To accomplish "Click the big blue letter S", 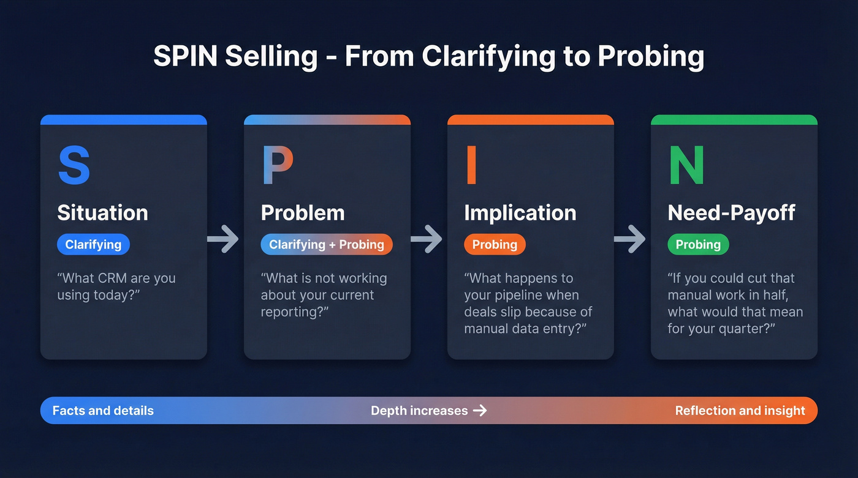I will coord(74,165).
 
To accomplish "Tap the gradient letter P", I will coord(277,165).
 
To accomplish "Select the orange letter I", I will coord(471,165).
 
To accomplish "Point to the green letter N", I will coord(686,165).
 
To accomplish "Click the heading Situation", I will coord(102,213).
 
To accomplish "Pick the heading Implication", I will coord(520,213).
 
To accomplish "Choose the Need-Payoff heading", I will coord(731,213).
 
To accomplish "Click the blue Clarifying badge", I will coord(93,245).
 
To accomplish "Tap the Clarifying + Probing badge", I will coord(326,245).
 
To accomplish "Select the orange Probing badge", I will coord(495,245).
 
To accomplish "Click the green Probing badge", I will coord(698,245).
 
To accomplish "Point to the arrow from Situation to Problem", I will coord(223,239).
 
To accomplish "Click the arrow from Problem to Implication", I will coord(427,239).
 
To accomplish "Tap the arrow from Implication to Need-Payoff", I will coord(630,239).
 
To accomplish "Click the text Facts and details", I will coord(103,411).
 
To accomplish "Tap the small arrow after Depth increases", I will coord(480,411).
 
